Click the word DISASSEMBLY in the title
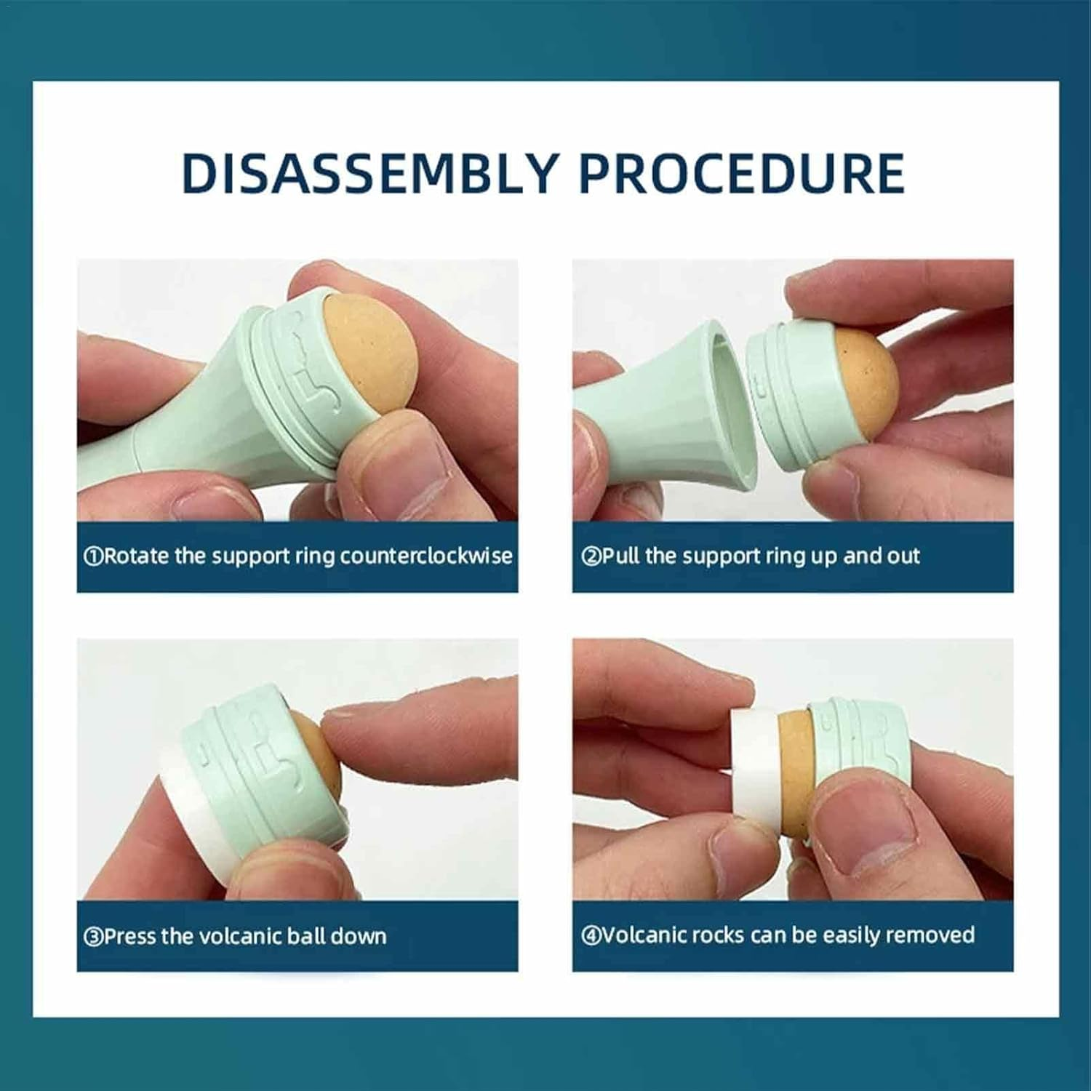tap(369, 173)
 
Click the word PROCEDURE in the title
tap(742, 173)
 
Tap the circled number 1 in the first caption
tap(93, 557)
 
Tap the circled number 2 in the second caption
tap(591, 557)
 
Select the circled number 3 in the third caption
tap(93, 936)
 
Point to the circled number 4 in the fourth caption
tap(591, 935)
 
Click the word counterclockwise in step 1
tap(426, 556)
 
